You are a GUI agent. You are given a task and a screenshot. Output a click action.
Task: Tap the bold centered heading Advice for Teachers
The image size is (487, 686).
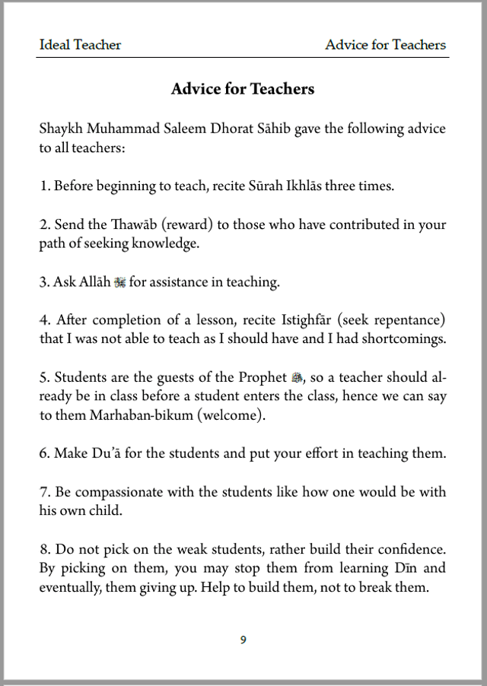coord(243,89)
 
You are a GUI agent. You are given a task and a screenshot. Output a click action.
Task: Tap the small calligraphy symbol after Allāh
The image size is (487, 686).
coord(119,283)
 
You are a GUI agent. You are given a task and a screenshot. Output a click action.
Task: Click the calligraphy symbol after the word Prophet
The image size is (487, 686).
coord(298,378)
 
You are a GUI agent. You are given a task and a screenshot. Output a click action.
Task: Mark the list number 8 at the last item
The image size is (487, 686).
coord(43,549)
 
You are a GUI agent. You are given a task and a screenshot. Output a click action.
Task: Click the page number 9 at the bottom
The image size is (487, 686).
coord(243,640)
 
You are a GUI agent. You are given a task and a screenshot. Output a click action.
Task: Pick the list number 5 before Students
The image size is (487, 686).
coord(43,378)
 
